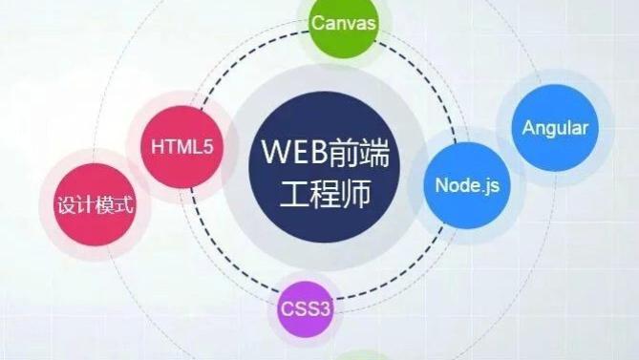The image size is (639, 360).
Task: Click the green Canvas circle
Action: (x=344, y=25)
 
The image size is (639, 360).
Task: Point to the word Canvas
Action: (x=344, y=22)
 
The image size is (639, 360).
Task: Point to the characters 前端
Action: (x=352, y=154)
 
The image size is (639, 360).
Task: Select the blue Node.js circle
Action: (x=466, y=182)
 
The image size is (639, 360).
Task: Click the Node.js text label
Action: (x=466, y=183)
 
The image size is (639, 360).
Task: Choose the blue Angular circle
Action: (x=555, y=127)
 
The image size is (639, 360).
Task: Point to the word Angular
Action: (x=555, y=127)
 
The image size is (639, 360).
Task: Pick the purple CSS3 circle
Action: (x=306, y=307)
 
